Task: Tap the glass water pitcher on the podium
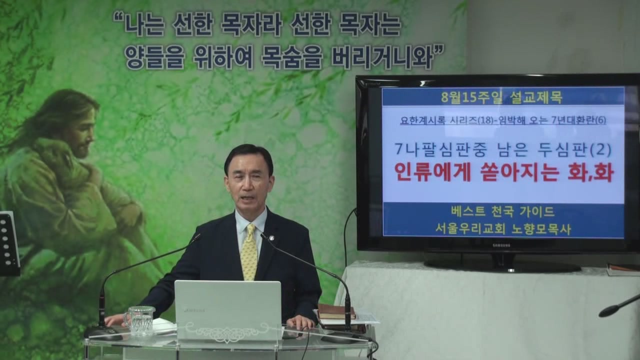[140, 320]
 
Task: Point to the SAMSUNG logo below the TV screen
[501, 245]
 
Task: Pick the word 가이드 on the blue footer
[538, 211]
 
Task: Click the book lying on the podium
[336, 311]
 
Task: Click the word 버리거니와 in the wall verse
[382, 57]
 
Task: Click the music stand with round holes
[8, 243]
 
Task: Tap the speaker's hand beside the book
[300, 322]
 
